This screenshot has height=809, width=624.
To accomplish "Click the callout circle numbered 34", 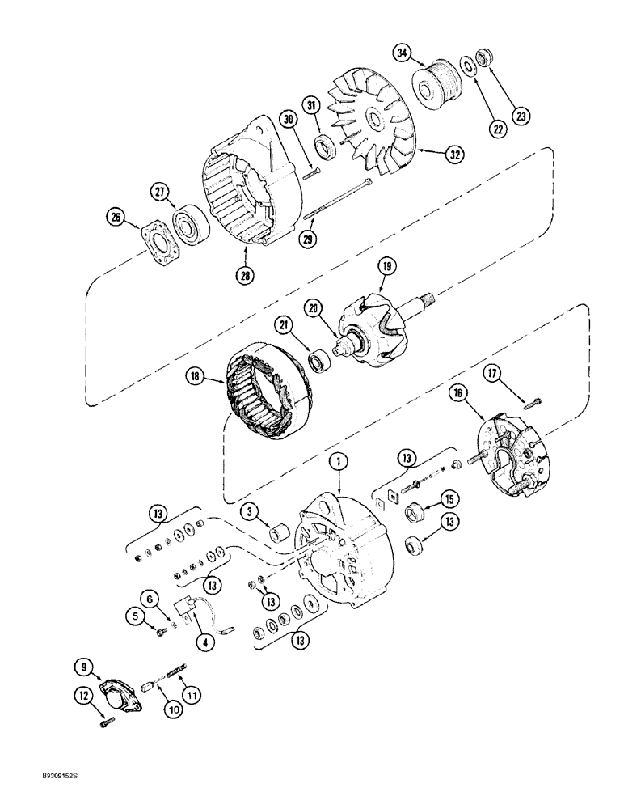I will pyautogui.click(x=401, y=55).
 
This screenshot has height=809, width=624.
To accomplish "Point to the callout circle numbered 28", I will pyautogui.click(x=245, y=274).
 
